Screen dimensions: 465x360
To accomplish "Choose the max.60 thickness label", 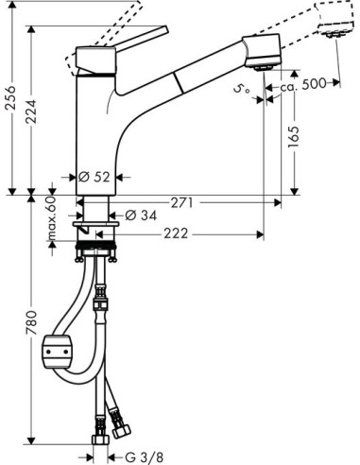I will click(x=52, y=217).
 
